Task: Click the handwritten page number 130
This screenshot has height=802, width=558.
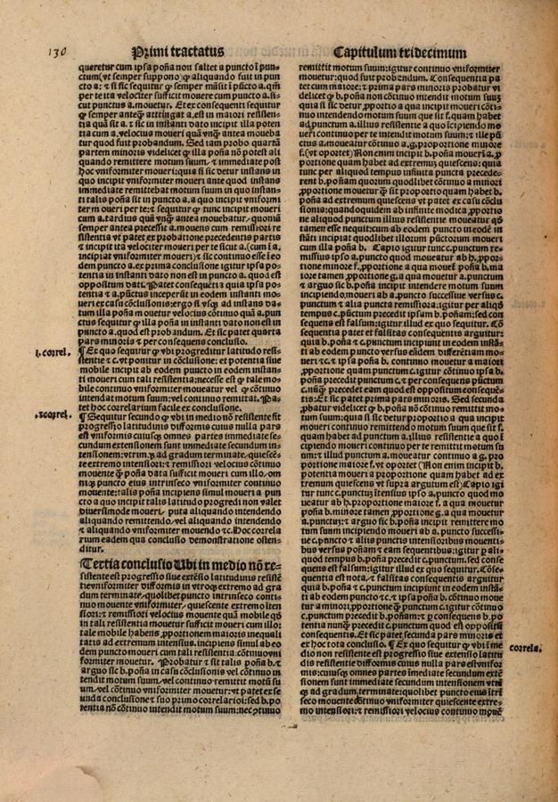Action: tap(55, 53)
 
